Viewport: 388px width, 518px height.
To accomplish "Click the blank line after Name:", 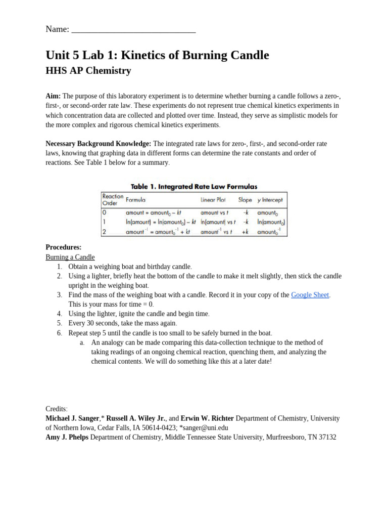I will point(133,29).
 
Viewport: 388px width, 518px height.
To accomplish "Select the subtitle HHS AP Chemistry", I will point(88,71).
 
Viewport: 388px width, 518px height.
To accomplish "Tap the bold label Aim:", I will point(53,96).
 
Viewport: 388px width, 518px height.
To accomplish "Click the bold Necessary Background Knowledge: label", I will point(98,144).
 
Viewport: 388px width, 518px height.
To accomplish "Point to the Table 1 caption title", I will point(194,187).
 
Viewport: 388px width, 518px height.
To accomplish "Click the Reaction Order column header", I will point(112,199).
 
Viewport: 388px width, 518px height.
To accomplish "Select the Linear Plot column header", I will point(215,200).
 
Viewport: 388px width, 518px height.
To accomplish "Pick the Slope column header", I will point(245,200).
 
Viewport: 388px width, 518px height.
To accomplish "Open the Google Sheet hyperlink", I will point(310,295).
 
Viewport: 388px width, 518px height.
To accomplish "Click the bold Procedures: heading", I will point(64,247).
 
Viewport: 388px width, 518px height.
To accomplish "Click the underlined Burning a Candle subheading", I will point(70,257).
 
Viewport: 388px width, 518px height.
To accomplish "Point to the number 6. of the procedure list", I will point(59,333).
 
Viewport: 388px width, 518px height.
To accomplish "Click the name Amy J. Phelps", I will point(67,437).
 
